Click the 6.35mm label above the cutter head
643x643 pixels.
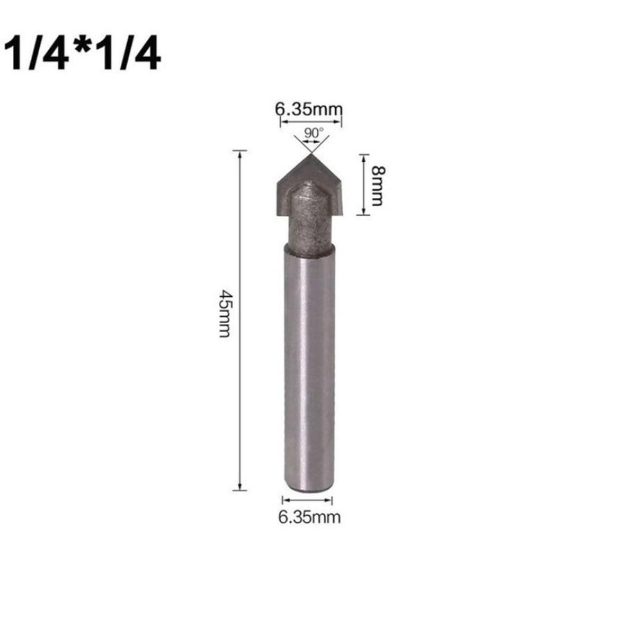click(x=309, y=110)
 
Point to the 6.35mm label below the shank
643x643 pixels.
click(x=309, y=516)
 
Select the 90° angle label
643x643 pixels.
click(x=313, y=133)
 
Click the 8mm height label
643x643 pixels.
click(x=377, y=186)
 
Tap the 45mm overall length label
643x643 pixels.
click(x=224, y=315)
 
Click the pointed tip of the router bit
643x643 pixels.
click(x=310, y=154)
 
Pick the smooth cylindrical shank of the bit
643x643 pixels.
click(x=309, y=366)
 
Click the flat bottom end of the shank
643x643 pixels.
click(x=309, y=488)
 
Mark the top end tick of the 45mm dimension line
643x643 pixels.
click(x=240, y=151)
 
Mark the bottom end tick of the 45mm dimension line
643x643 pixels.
click(x=240, y=490)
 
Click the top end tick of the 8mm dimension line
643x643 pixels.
click(x=364, y=155)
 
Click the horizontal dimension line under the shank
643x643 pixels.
click(x=309, y=500)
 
